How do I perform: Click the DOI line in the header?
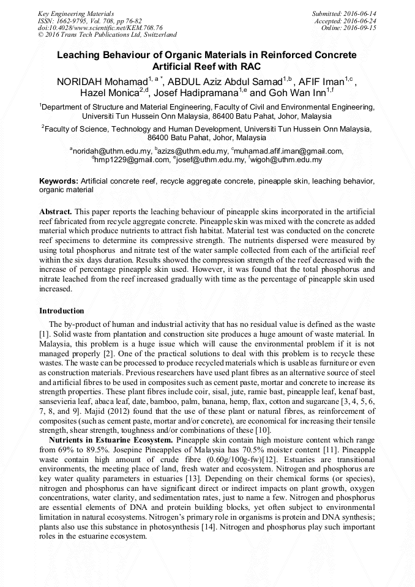click(x=100, y=28)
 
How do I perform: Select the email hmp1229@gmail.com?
click(x=132, y=160)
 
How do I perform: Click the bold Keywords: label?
click(x=59, y=181)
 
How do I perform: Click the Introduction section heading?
click(x=62, y=311)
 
